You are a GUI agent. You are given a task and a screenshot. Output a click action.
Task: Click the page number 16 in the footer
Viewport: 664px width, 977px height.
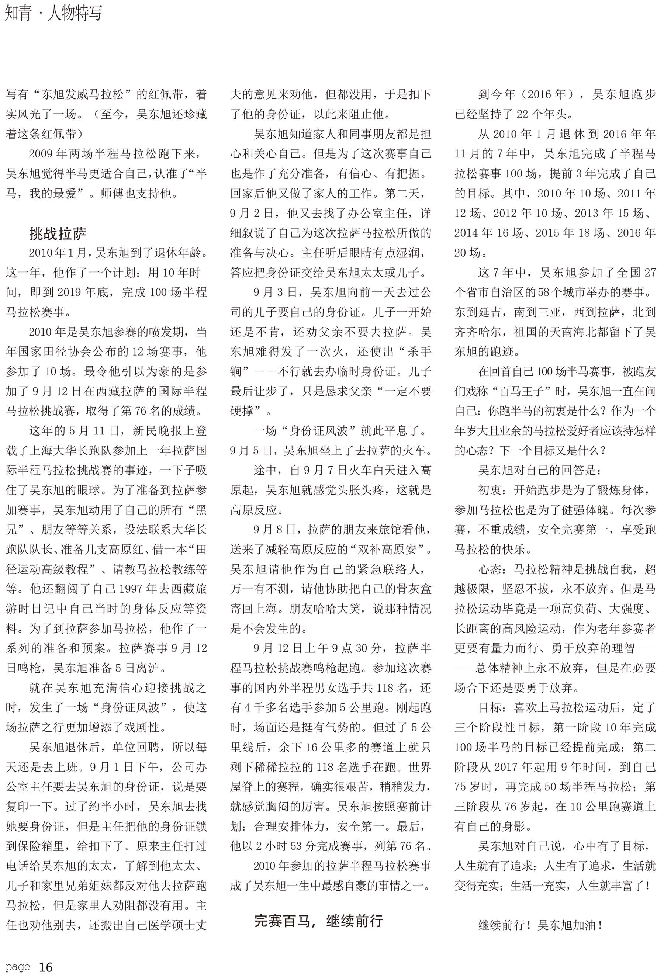point(45,967)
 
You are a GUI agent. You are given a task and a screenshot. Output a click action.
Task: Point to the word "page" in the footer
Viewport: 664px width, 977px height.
point(18,967)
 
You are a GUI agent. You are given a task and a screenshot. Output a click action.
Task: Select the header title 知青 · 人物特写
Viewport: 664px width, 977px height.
point(53,13)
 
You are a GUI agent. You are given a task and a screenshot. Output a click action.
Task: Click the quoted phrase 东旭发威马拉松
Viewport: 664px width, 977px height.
point(82,94)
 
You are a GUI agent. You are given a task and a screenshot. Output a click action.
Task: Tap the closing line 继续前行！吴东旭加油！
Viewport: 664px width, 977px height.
point(540,925)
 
